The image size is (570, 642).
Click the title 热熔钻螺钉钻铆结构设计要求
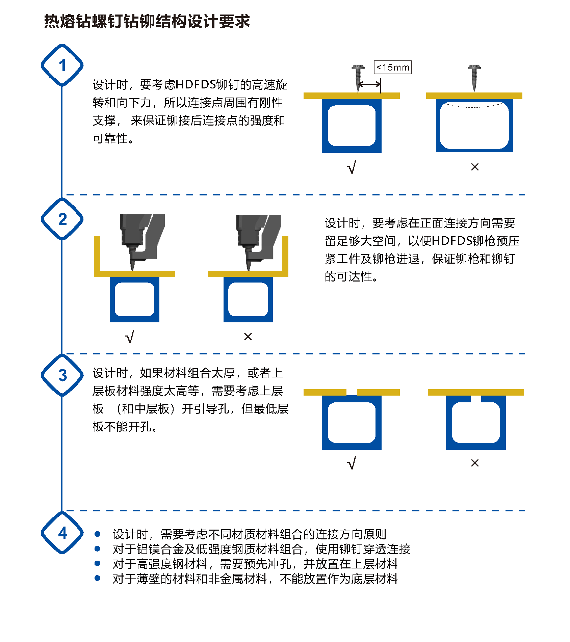[147, 22]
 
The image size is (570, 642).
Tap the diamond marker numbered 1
[62, 65]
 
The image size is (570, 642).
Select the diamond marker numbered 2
[62, 219]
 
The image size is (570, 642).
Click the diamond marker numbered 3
[62, 375]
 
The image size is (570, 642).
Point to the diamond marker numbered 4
[62, 533]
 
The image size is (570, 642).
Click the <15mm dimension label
[392, 67]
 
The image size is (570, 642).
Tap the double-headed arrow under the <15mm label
[369, 84]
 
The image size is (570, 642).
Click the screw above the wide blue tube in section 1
[474, 77]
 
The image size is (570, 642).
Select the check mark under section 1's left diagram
[352, 167]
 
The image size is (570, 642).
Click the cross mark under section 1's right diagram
[475, 167]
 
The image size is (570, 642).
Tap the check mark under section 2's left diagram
[130, 337]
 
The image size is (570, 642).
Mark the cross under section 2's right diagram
[248, 337]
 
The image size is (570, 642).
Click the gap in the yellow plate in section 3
[352, 392]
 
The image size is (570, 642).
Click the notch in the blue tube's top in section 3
[476, 399]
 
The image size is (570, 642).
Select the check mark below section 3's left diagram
[352, 463]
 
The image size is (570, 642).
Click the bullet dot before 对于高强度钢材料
[98, 563]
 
